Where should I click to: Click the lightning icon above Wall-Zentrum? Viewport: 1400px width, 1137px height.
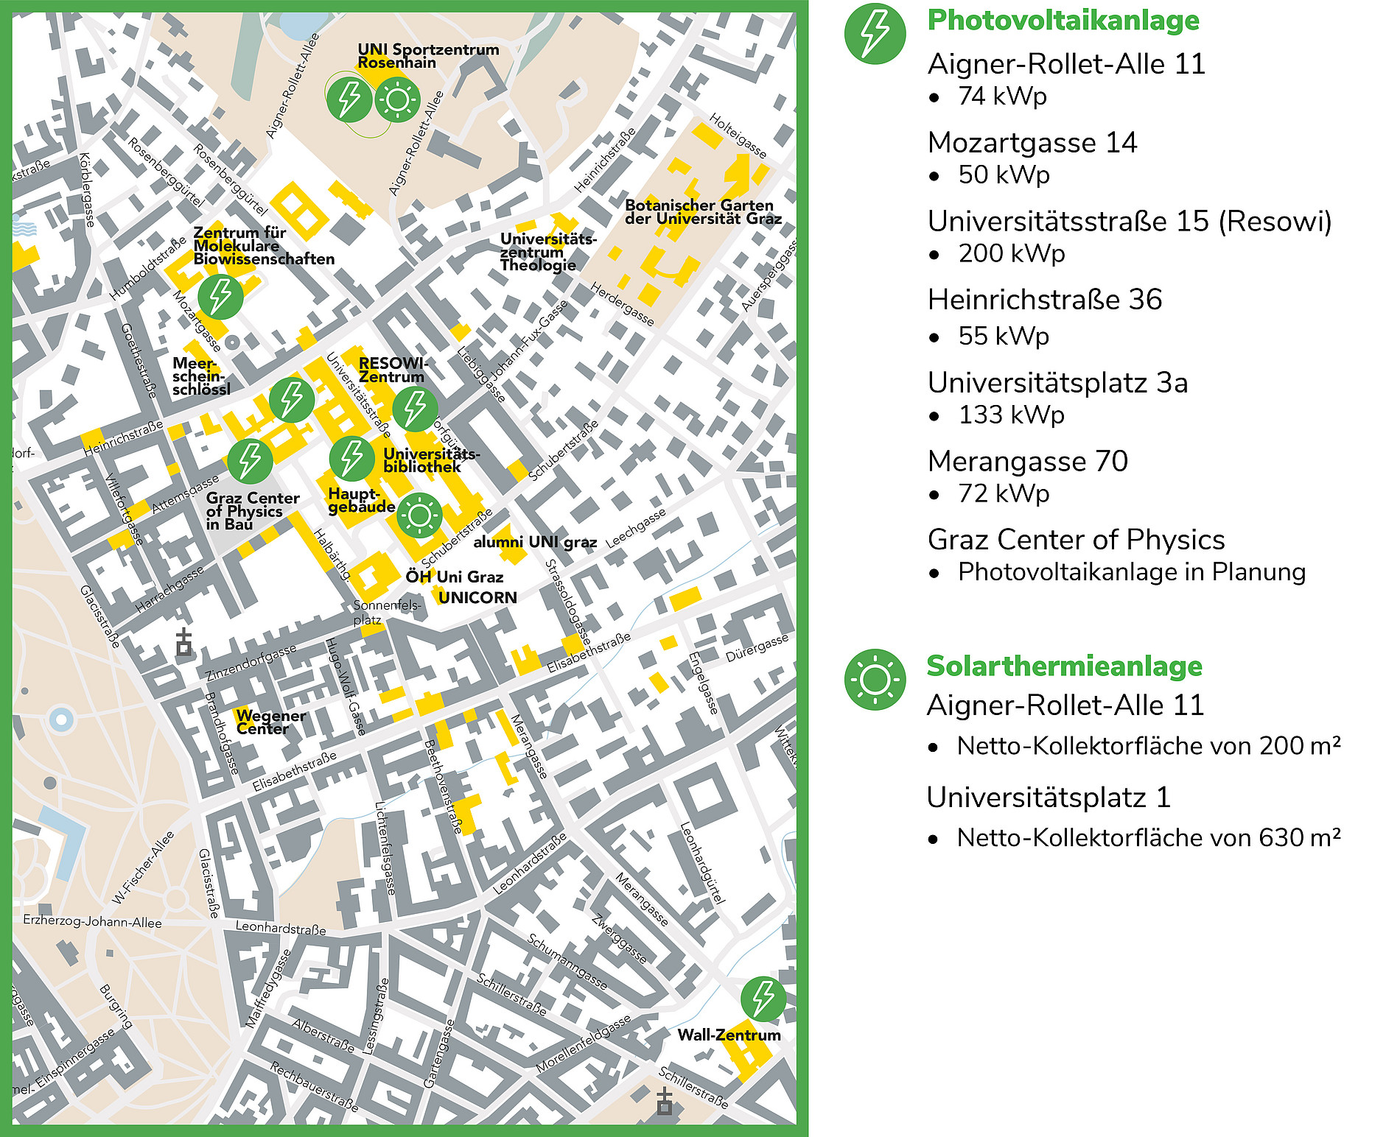tap(763, 999)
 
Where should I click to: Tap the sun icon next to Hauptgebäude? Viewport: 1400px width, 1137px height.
tap(419, 515)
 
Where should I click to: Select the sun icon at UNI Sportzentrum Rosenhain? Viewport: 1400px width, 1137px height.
tap(397, 99)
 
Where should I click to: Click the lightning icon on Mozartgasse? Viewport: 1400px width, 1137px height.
tap(220, 296)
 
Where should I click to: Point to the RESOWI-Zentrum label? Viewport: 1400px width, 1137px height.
tap(392, 370)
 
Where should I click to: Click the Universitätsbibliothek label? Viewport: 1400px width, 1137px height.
tap(430, 460)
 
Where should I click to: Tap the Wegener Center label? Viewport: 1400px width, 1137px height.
tap(270, 722)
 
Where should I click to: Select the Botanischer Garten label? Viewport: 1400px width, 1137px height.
tap(702, 212)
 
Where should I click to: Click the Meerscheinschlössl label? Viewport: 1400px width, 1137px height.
tap(200, 376)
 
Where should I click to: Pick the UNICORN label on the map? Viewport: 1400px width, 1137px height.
tap(477, 597)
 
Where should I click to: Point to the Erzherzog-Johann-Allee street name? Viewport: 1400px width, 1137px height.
tap(92, 921)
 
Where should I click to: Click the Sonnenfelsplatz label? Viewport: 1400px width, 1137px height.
tap(386, 612)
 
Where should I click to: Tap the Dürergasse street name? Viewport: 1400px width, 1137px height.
tap(757, 647)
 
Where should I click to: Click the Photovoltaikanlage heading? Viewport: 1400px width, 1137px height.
tap(1063, 20)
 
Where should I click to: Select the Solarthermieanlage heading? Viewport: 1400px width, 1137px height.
tap(1064, 666)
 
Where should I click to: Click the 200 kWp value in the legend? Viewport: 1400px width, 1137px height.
tap(1011, 253)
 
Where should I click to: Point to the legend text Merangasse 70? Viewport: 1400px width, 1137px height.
tap(1027, 461)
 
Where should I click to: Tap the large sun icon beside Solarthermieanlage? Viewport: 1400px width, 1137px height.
tap(875, 680)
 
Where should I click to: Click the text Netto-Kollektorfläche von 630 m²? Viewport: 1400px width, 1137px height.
tap(1148, 837)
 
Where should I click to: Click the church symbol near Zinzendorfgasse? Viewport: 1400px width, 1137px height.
tap(183, 643)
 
